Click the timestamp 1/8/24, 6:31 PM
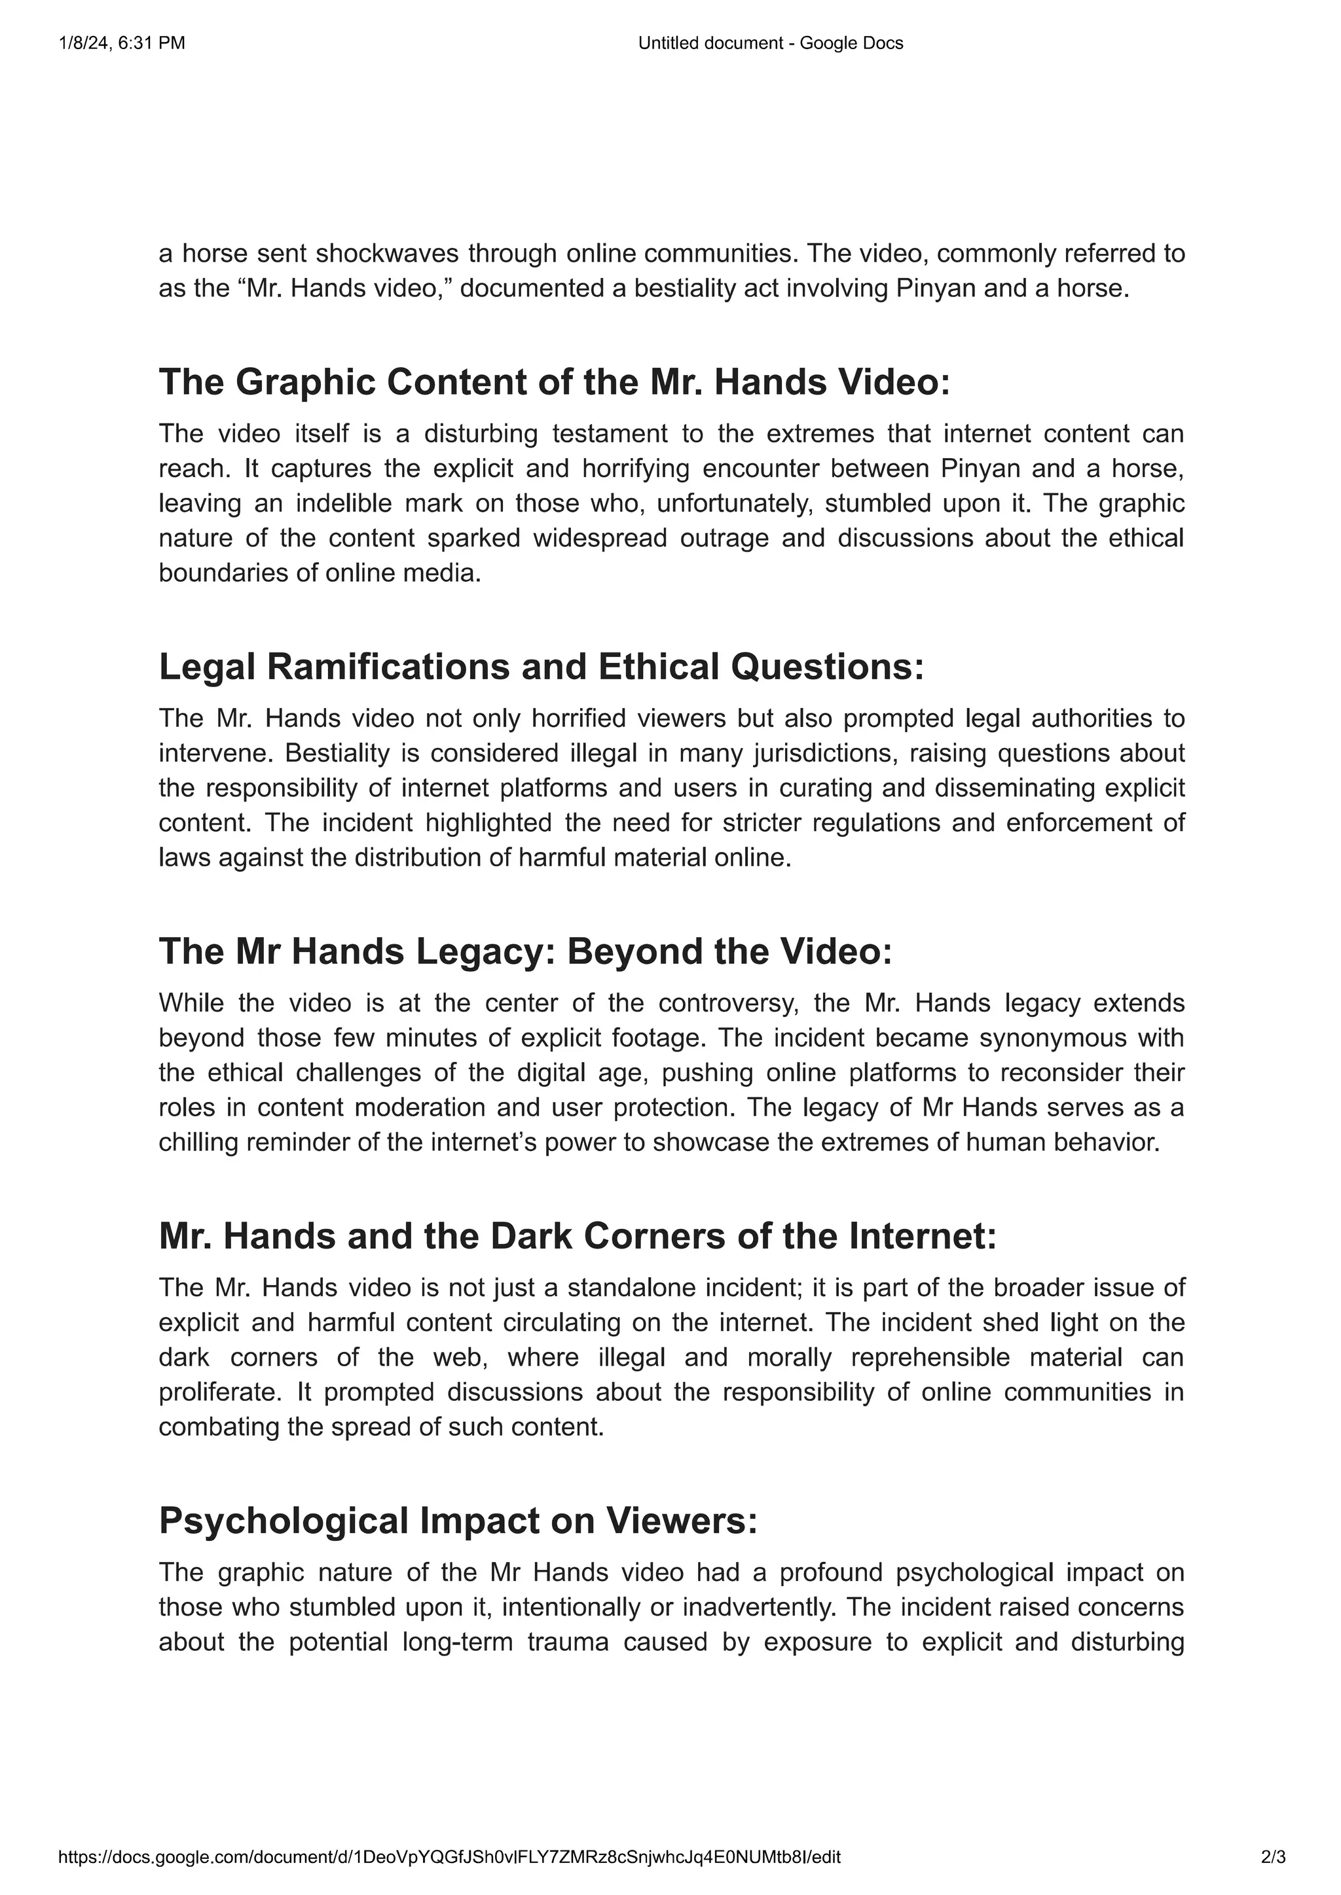point(122,43)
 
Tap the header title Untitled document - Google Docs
point(771,43)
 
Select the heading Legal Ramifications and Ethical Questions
point(541,667)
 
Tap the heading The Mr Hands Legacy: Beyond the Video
point(525,951)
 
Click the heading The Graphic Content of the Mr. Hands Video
point(554,382)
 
